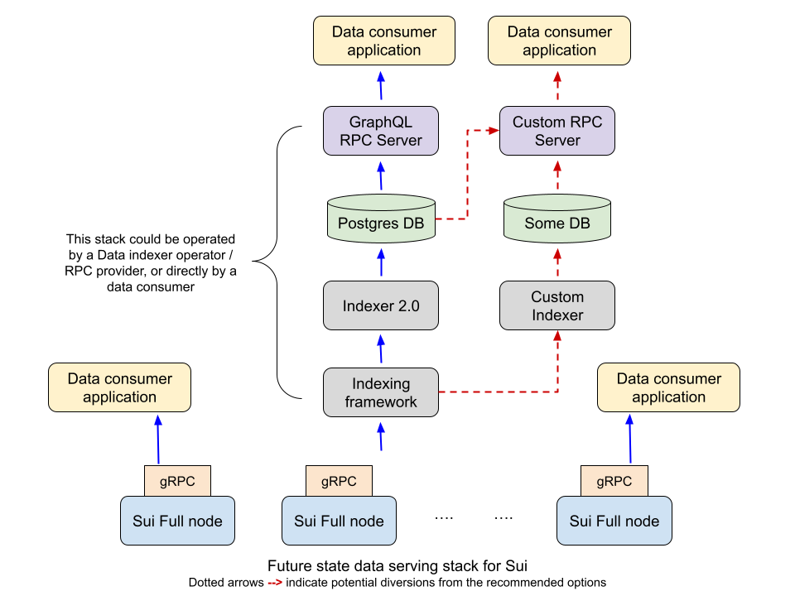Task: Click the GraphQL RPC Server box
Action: coord(381,131)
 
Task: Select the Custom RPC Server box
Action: coord(557,131)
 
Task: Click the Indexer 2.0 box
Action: coord(381,305)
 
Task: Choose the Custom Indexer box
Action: coord(557,305)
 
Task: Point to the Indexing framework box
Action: coord(381,392)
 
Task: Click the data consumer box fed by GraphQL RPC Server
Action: coord(384,41)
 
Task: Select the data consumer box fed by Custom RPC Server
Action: coord(559,41)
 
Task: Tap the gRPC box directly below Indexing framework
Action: coord(339,481)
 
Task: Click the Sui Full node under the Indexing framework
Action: coord(339,521)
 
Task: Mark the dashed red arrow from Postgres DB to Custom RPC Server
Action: coord(468,174)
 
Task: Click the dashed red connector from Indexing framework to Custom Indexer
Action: coord(513,391)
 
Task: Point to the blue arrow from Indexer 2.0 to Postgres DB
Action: coord(381,262)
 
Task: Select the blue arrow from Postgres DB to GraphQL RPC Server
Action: coord(381,175)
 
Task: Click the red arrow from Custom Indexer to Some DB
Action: coord(557,262)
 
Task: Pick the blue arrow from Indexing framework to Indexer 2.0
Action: coord(381,349)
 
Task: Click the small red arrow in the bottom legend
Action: coord(275,583)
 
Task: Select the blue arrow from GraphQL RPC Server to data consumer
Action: coord(381,85)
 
